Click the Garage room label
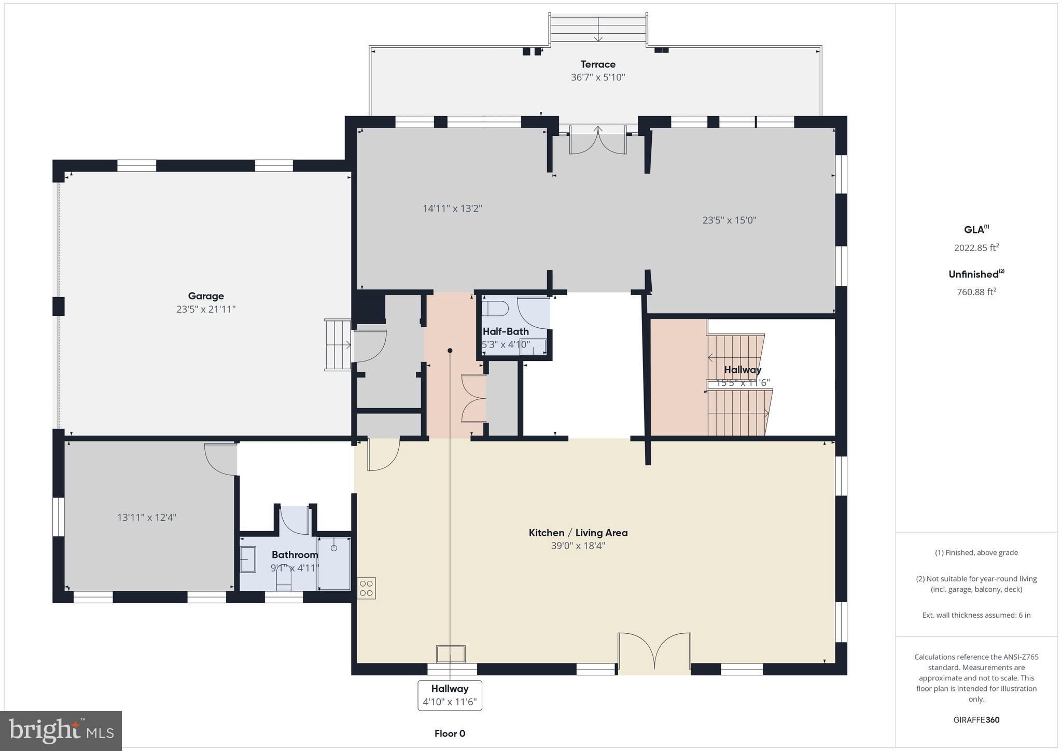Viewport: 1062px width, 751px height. point(206,296)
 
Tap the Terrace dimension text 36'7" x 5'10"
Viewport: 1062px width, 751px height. point(598,77)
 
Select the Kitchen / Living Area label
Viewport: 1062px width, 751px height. point(578,533)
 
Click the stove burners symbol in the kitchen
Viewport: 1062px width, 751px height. point(366,588)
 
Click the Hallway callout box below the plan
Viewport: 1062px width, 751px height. point(450,696)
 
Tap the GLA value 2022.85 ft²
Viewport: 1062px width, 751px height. point(976,248)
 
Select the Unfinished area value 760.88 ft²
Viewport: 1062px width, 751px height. point(976,292)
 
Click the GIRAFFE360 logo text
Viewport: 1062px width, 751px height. point(976,720)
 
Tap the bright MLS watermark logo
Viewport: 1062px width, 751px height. point(61,731)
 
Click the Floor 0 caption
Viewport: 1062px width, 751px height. point(450,733)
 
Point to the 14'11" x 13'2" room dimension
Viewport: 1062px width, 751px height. point(452,208)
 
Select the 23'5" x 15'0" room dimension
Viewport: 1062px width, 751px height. point(729,220)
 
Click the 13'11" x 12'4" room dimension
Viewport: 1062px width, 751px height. point(147,517)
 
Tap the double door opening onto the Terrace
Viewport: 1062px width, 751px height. point(598,141)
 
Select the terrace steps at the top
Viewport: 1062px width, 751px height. point(598,29)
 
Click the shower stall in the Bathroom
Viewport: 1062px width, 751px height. point(334,563)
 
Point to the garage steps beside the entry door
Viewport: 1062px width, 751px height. point(338,345)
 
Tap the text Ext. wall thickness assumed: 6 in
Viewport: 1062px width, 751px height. point(976,615)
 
